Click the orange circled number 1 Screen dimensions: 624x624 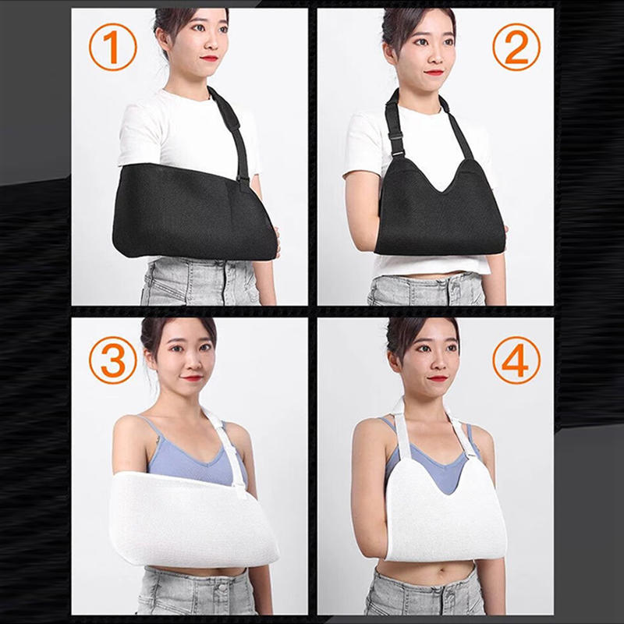(112, 48)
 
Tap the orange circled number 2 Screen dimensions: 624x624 (516, 48)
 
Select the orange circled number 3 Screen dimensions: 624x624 (112, 360)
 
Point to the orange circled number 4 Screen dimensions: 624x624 (516, 360)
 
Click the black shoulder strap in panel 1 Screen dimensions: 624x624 (231, 129)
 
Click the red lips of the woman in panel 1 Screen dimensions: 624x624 (208, 58)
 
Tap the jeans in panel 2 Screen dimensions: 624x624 (425, 291)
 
